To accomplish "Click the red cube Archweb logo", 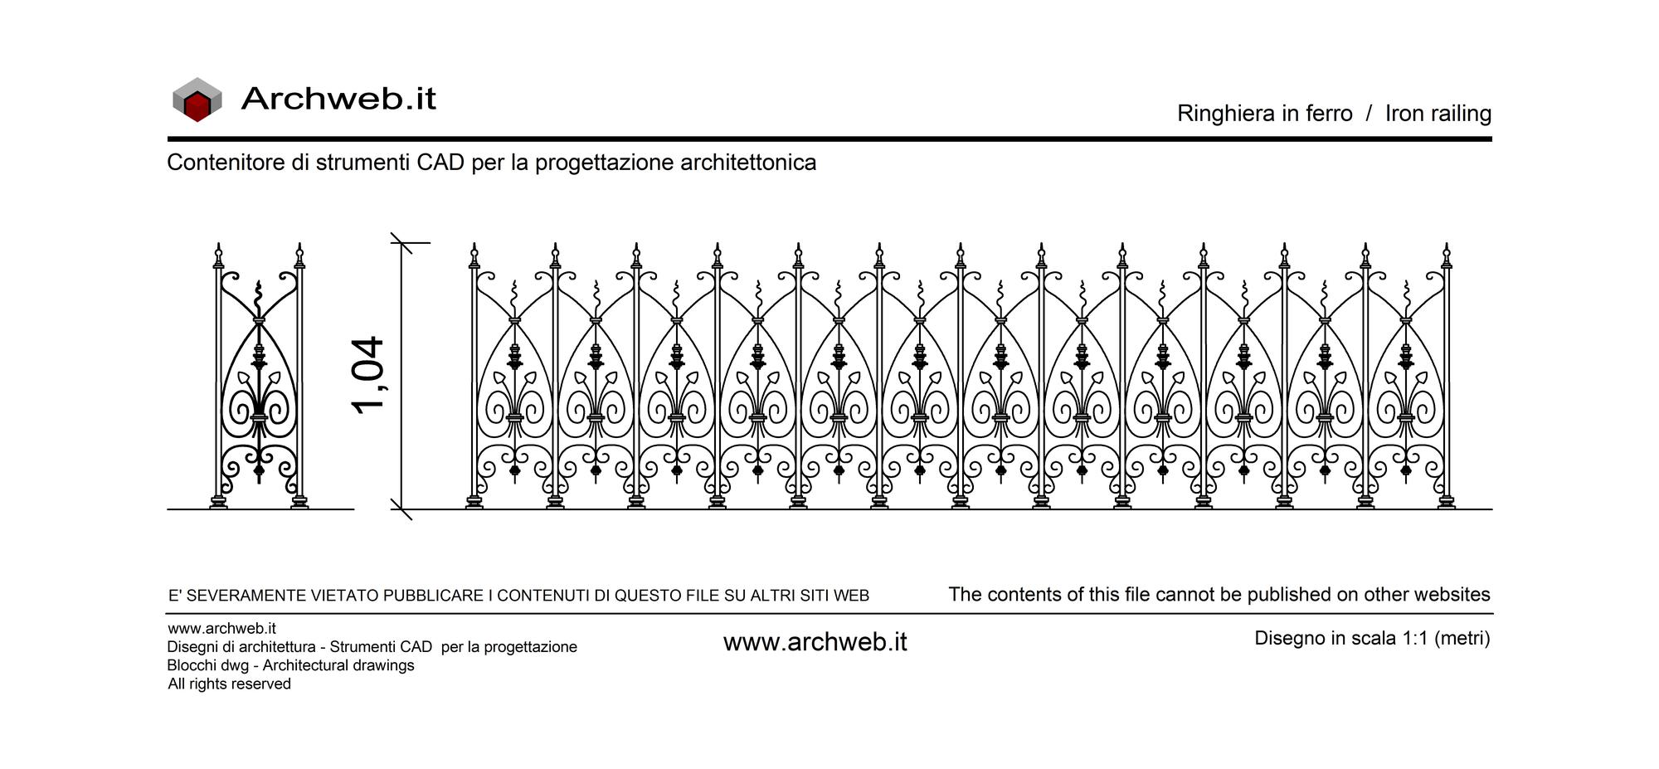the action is (x=197, y=100).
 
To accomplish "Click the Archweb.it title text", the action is (x=338, y=99).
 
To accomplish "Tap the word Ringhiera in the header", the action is (x=1223, y=114).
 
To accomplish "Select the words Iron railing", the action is (x=1438, y=114).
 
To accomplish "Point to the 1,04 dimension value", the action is (x=367, y=375).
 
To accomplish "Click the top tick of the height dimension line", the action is (x=402, y=243).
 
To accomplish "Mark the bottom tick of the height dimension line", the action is (x=401, y=509).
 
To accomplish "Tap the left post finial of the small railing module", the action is (x=219, y=256).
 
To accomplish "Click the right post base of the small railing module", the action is (x=299, y=502).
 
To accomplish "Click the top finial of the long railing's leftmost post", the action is (x=474, y=256).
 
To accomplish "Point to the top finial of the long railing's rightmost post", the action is (x=1447, y=256).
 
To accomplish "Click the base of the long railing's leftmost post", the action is (x=474, y=502).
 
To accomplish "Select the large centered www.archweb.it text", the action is (x=815, y=642).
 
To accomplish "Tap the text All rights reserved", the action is (x=229, y=684).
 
